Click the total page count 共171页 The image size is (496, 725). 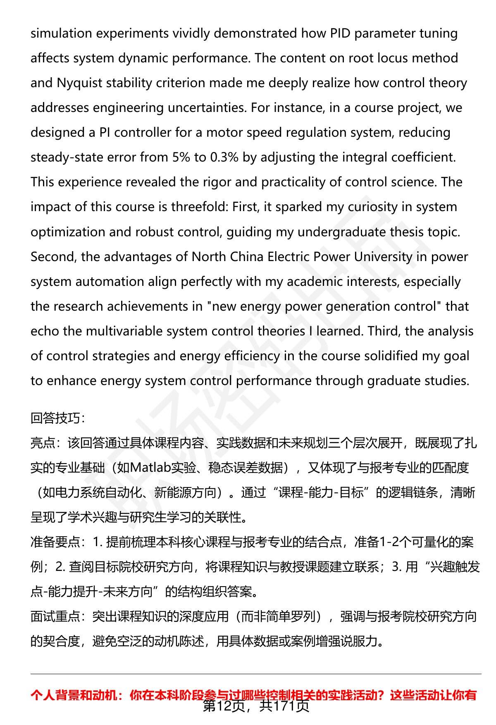click(284, 706)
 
